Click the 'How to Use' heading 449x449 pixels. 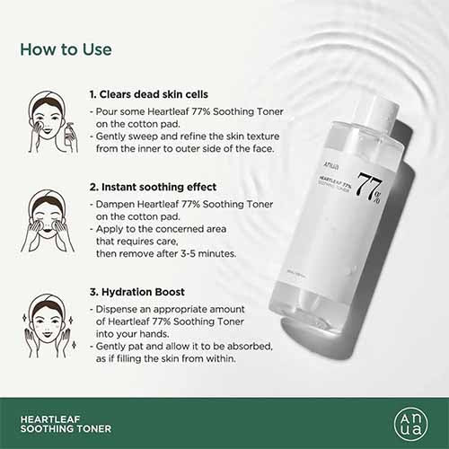click(x=66, y=48)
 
